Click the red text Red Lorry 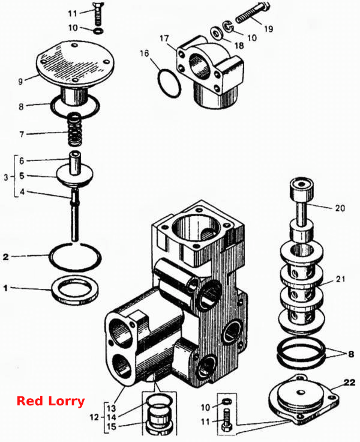tap(51, 401)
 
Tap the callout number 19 tap(268, 28)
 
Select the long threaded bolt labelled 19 tap(253, 13)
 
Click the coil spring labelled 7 tap(74, 129)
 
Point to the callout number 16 tap(144, 53)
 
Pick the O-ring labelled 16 tap(169, 83)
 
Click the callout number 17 tap(164, 38)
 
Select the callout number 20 tap(340, 208)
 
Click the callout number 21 tap(341, 279)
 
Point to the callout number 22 tap(349, 382)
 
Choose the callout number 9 tap(20, 82)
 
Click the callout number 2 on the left tap(5, 257)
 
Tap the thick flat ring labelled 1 tap(75, 291)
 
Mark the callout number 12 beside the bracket tap(94, 417)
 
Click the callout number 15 tap(112, 426)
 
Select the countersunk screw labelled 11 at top tap(98, 16)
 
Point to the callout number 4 tap(22, 192)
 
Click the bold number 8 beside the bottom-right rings tap(351, 354)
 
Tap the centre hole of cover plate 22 tap(301, 392)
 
